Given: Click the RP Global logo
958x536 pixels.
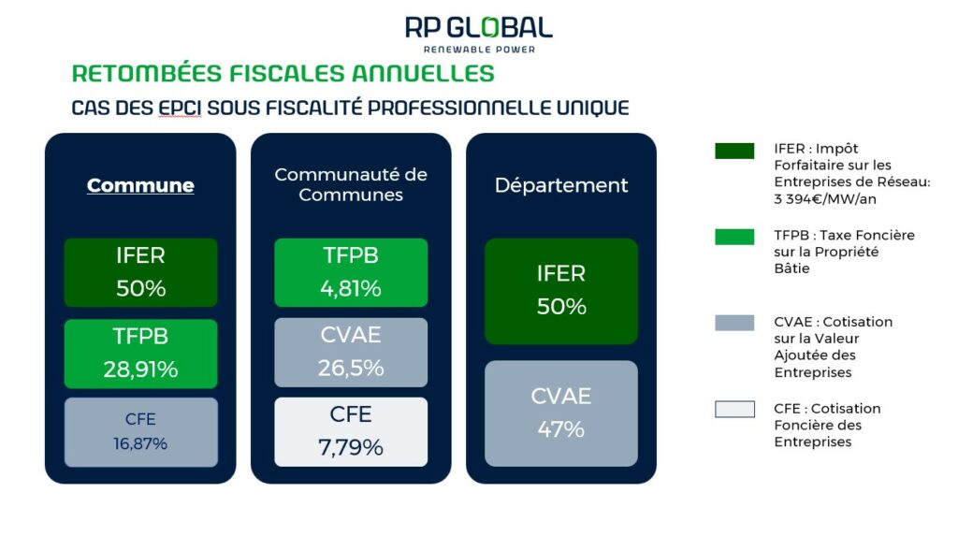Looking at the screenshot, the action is [479, 35].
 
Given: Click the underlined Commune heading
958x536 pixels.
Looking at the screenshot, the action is [140, 185].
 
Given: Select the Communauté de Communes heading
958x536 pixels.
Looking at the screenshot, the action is [351, 184].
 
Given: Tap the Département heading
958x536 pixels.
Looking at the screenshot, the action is [561, 185].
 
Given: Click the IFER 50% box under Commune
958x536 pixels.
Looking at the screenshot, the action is [140, 272].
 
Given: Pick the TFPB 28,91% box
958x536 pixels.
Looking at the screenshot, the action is [140, 354].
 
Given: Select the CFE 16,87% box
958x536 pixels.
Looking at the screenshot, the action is [140, 432].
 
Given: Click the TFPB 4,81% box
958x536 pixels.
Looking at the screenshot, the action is [351, 272].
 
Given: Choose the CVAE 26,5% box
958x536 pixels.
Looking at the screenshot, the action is [351, 352].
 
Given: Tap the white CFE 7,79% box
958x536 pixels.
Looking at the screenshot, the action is [351, 432].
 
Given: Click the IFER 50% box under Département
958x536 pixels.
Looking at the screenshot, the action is [561, 291].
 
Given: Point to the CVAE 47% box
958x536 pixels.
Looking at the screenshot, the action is [561, 413].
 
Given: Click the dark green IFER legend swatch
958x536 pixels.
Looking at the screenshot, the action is [734, 151].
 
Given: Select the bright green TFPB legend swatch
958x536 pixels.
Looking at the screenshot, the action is [734, 237].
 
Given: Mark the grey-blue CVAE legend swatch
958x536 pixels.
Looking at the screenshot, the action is [734, 323].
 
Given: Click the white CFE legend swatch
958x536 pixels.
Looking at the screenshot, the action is [734, 409].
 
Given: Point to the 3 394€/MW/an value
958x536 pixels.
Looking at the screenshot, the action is [825, 199].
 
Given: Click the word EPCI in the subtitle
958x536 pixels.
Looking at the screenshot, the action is [180, 108].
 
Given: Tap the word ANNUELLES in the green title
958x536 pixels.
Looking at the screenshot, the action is [423, 73].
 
